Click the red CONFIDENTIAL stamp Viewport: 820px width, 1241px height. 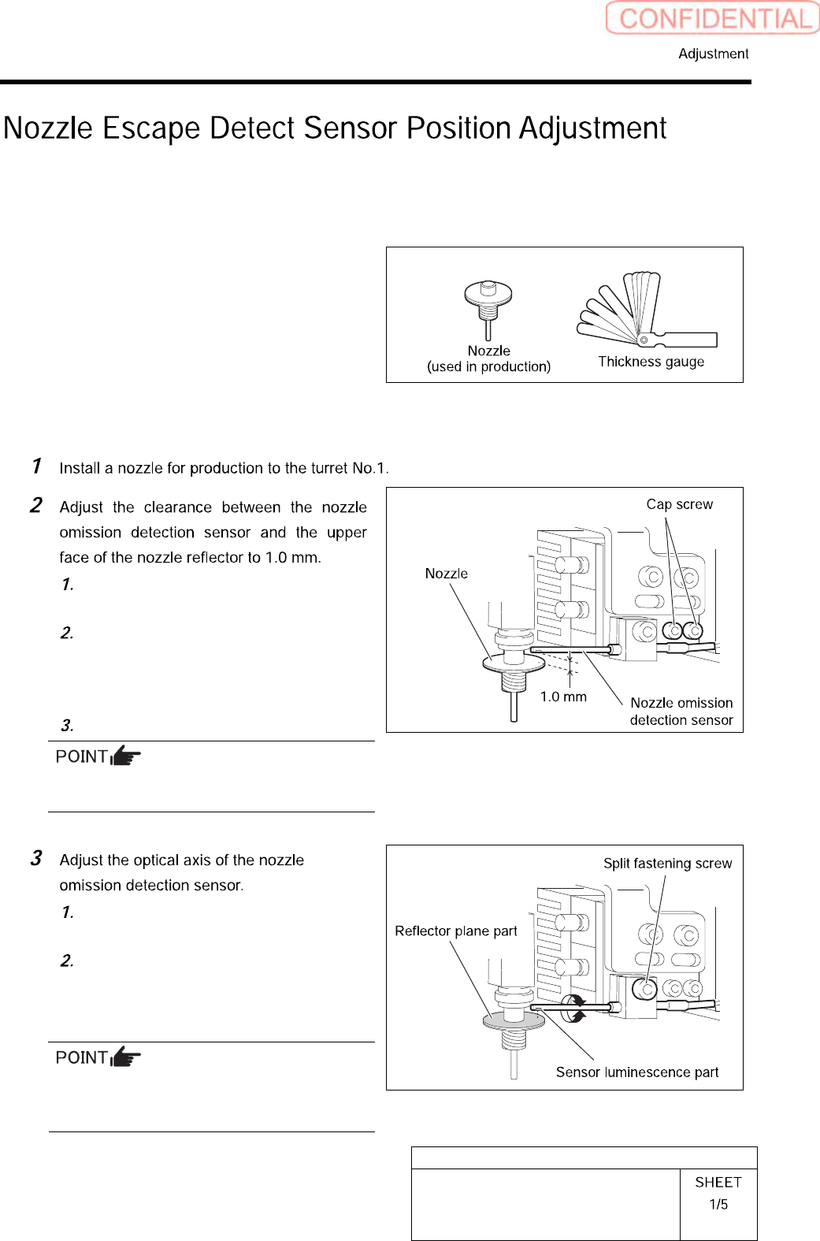(713, 18)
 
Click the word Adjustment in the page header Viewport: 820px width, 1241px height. (713, 54)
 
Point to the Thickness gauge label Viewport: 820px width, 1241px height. (651, 362)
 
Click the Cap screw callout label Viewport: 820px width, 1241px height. (679, 504)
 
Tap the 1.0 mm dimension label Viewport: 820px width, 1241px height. (563, 697)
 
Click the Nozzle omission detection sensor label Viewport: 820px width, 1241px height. (681, 712)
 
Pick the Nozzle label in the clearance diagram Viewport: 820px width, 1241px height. (446, 574)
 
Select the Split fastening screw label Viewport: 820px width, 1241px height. (667, 863)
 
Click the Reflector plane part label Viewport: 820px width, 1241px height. (455, 931)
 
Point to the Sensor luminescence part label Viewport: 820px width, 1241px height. (636, 1072)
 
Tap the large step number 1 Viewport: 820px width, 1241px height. (36, 466)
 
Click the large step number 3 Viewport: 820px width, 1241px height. (36, 858)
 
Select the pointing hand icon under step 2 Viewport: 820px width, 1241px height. (125, 756)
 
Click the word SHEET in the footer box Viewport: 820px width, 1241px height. (718, 1182)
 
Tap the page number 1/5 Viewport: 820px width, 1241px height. (718, 1204)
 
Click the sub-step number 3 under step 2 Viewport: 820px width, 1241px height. (67, 725)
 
